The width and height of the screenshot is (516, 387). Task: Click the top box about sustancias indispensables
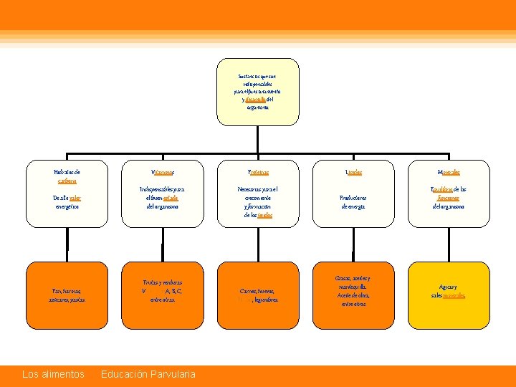257,91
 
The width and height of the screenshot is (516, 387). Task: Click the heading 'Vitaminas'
162,173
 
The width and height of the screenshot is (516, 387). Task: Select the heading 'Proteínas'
257,173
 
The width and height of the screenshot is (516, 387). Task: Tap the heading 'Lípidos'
353,173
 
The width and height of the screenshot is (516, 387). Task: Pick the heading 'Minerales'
449,173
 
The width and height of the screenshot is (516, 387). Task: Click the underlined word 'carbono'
67,181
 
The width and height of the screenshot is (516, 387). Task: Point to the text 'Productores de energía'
353,201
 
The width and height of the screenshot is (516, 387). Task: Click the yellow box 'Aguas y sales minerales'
449,291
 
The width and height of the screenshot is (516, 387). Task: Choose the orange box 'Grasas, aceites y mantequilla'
353,291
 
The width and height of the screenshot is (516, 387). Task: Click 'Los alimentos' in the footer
53,374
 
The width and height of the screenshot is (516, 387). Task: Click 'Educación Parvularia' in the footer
148,374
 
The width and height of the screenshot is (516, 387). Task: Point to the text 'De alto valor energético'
67,201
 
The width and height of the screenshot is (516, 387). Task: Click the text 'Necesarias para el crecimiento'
257,193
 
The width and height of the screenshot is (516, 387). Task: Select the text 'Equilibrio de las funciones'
449,193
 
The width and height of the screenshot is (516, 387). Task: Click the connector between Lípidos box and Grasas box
353,247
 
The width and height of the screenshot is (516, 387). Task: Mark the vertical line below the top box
257,140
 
